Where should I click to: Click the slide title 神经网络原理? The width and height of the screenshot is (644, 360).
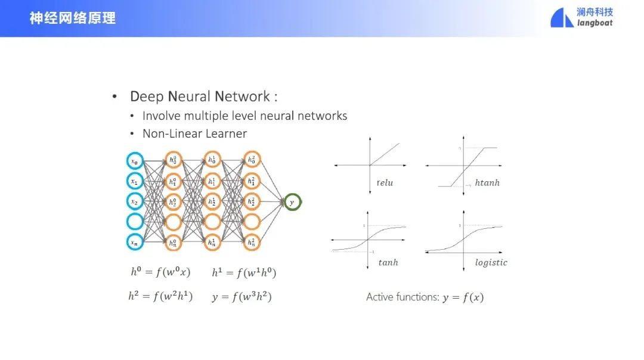(x=73, y=18)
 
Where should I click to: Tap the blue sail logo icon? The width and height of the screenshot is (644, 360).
(x=562, y=18)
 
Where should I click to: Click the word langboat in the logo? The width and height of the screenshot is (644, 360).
(x=595, y=23)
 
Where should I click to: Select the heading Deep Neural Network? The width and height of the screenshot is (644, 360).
(x=203, y=97)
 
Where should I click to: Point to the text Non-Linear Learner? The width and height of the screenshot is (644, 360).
(x=194, y=134)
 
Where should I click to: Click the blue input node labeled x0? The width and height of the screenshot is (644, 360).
(x=135, y=160)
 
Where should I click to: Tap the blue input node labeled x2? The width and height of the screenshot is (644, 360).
(x=135, y=201)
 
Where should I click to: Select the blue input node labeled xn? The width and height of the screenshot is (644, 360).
(x=135, y=242)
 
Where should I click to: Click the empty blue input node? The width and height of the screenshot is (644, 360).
(x=135, y=222)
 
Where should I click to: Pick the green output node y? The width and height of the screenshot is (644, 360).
(x=292, y=202)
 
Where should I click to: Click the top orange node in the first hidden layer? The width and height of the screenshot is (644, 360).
(x=173, y=160)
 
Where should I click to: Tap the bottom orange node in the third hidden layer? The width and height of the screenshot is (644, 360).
(x=252, y=242)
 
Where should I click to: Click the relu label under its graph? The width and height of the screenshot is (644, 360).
(x=385, y=183)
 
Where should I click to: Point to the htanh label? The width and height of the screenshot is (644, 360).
(x=487, y=183)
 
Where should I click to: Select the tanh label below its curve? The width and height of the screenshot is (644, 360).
(x=388, y=262)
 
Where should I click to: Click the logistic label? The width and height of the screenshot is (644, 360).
(x=491, y=262)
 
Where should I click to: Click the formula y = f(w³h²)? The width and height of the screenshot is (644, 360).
(x=241, y=296)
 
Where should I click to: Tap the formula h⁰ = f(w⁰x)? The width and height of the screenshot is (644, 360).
(x=160, y=272)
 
